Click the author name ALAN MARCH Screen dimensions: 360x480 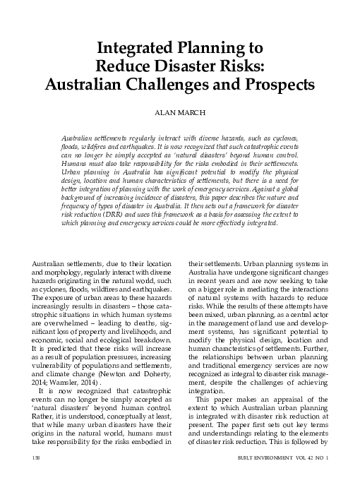[179, 112]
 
